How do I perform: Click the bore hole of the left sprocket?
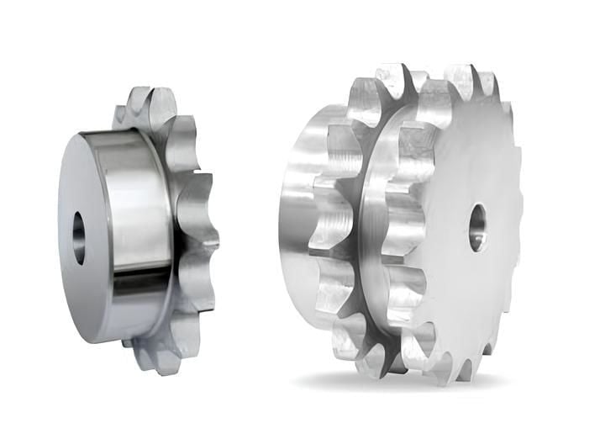[x=79, y=238]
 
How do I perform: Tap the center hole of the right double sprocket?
[x=477, y=226]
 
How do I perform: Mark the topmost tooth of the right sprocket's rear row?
[x=392, y=78]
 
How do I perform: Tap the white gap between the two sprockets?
[x=248, y=227]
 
